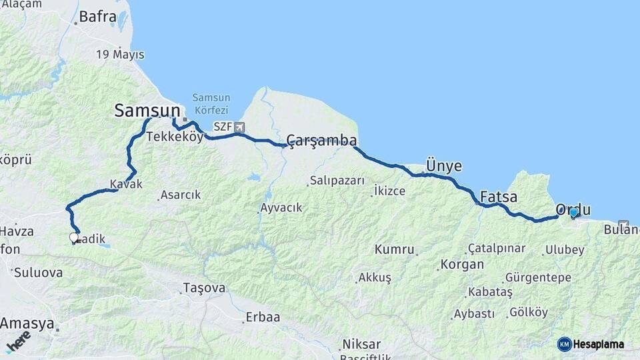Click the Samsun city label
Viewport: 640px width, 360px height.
pyautogui.click(x=147, y=110)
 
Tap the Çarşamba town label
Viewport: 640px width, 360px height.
pyautogui.click(x=321, y=140)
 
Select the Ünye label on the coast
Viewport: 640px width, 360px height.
pyautogui.click(x=443, y=166)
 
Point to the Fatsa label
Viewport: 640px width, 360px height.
pyautogui.click(x=499, y=197)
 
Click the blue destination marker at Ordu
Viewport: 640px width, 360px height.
pyautogui.click(x=573, y=213)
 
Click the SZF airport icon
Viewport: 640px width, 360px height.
pyautogui.click(x=239, y=127)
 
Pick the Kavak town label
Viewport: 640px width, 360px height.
pyautogui.click(x=127, y=184)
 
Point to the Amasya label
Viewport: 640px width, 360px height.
pyautogui.click(x=27, y=323)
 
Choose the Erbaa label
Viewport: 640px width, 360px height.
pyautogui.click(x=263, y=317)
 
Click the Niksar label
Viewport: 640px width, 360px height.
pyautogui.click(x=361, y=344)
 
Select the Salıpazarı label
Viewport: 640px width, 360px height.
pyautogui.click(x=337, y=181)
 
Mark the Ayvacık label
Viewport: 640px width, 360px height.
pyautogui.click(x=281, y=207)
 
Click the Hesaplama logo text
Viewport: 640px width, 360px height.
pyautogui.click(x=598, y=344)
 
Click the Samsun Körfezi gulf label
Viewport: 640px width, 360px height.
pyautogui.click(x=211, y=103)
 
